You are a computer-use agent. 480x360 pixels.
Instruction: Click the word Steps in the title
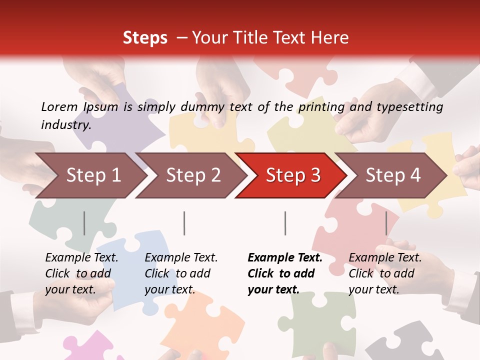coord(145,37)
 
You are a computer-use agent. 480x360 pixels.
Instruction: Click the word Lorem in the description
coord(59,106)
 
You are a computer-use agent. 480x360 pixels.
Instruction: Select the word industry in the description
coord(65,124)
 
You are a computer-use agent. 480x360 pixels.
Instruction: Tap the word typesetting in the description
coord(409,106)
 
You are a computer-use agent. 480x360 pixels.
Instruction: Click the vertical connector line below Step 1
coord(84,223)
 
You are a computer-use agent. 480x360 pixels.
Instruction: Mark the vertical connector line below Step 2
coord(184,223)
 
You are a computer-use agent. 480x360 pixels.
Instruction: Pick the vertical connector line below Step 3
coord(285,223)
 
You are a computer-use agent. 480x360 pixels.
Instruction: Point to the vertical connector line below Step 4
coord(386,223)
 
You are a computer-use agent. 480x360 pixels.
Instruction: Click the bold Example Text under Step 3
coord(285,257)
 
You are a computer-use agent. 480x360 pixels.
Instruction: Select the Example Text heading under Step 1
coord(81,257)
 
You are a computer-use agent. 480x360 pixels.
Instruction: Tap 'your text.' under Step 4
coord(373,289)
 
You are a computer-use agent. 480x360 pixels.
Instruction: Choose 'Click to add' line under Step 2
coord(177,273)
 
